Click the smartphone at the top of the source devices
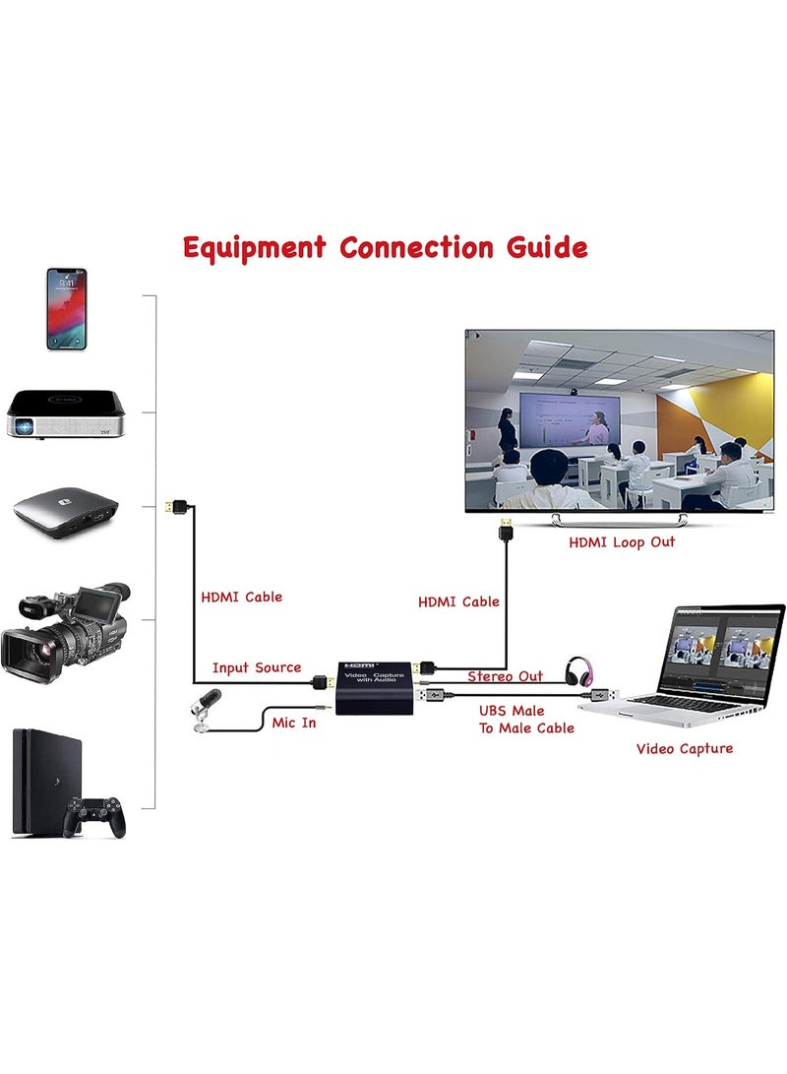[x=66, y=308]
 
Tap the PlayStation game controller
[x=95, y=816]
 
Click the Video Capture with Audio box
[x=375, y=688]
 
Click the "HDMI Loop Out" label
[x=622, y=542]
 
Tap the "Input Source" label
[x=257, y=668]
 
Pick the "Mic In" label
[x=294, y=724]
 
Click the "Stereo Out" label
[x=505, y=676]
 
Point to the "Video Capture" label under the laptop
[x=684, y=749]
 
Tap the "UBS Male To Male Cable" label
[x=526, y=720]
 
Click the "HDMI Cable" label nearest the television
[x=458, y=601]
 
